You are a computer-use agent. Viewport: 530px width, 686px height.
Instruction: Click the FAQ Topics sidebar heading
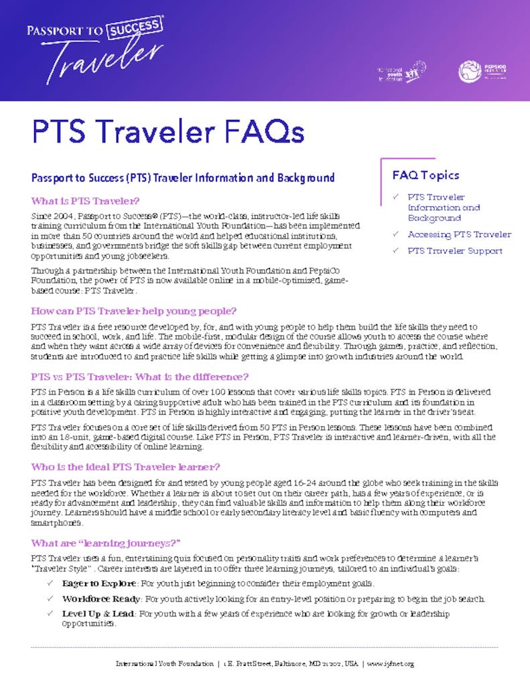[425, 176]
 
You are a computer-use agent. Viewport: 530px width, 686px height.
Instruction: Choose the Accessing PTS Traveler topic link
[459, 234]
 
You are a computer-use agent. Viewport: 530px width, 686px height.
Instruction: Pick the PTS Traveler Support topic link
[455, 251]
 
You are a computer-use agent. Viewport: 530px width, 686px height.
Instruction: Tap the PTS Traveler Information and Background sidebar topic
[444, 208]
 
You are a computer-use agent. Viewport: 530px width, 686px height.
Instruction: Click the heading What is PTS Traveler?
[85, 201]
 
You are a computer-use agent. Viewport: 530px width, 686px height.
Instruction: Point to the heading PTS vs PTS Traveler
[139, 376]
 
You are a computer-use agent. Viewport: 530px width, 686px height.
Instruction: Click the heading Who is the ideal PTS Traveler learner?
[126, 466]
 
